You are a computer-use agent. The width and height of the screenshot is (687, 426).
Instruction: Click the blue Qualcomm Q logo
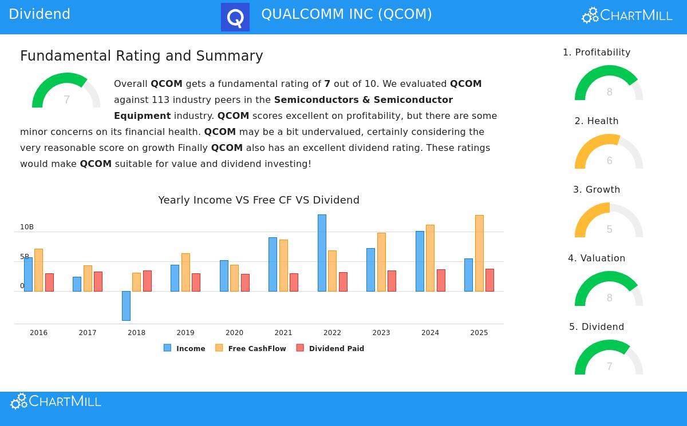click(x=235, y=17)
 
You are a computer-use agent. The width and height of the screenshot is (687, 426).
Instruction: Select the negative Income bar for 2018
click(x=126, y=305)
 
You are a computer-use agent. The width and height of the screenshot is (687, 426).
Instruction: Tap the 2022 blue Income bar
click(x=322, y=253)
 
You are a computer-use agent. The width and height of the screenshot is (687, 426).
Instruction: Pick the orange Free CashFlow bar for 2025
click(x=479, y=253)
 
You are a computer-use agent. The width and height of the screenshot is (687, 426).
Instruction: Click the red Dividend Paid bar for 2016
click(x=49, y=282)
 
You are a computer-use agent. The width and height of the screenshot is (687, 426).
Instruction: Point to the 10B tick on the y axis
click(x=27, y=227)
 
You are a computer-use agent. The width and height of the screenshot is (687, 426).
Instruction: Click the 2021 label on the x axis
click(x=283, y=333)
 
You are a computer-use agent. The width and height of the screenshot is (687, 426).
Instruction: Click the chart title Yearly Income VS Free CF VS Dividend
click(x=259, y=200)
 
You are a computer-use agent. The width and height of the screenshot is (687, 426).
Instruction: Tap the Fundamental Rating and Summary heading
click(x=141, y=56)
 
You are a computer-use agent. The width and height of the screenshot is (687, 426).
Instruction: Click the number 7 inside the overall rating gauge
click(x=66, y=100)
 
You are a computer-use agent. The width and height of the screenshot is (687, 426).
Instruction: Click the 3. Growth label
click(x=597, y=189)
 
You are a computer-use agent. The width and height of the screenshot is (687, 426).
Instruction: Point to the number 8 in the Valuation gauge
click(x=609, y=298)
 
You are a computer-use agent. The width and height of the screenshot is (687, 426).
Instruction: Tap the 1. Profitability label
click(x=597, y=52)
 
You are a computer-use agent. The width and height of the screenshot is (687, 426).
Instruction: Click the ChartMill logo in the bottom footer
click(x=56, y=401)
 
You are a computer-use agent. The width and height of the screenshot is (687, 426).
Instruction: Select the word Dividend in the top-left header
click(x=40, y=14)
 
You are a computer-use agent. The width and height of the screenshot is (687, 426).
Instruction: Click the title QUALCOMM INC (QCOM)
click(x=346, y=14)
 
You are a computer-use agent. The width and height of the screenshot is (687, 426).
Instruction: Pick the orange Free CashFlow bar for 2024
click(x=430, y=258)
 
